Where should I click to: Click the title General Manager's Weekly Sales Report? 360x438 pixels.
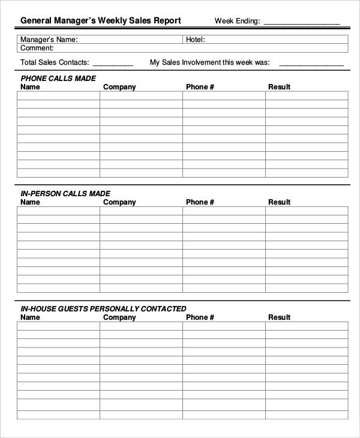tap(100, 20)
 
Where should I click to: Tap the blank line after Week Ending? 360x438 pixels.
tap(301, 22)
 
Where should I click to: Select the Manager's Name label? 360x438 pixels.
tap(49, 40)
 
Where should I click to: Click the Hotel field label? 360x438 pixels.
tap(196, 40)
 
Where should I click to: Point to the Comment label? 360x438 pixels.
tap(37, 48)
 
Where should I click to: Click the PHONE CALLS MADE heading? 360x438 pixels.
tap(58, 79)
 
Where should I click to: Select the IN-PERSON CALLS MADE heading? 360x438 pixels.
tap(65, 194)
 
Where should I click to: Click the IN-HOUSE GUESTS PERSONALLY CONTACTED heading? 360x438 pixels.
tap(103, 309)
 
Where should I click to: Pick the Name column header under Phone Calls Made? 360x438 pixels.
tap(30, 87)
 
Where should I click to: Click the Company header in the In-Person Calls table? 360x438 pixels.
tap(119, 202)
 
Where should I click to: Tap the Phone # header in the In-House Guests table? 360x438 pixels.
tap(200, 317)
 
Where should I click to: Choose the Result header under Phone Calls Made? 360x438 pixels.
tap(279, 87)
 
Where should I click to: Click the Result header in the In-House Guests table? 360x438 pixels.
tap(279, 317)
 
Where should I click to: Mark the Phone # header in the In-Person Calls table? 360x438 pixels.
tap(200, 202)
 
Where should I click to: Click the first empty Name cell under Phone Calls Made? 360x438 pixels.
tap(58, 95)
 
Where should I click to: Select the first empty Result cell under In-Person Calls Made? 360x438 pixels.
tap(306, 211)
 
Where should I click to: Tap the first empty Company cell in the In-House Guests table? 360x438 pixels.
tap(141, 326)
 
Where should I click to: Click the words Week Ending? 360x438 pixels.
tap(237, 21)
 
